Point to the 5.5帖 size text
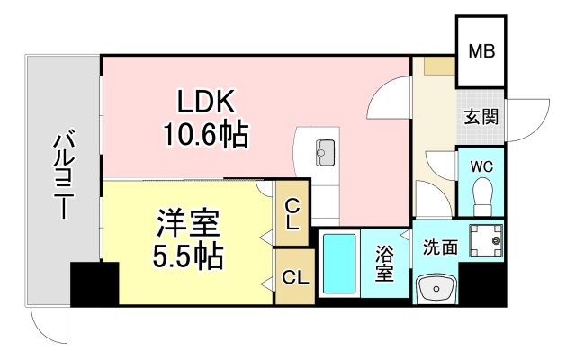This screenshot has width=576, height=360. point(187,256)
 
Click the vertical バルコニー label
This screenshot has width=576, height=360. point(62,175)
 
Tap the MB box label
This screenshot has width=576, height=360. point(480,50)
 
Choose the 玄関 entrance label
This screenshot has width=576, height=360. point(481,115)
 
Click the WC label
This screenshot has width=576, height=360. point(480,166)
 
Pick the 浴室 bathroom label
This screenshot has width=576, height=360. point(385,264)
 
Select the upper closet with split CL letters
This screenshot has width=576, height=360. point(292,212)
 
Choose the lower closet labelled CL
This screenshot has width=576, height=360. point(294,277)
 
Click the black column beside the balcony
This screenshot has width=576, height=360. point(94,283)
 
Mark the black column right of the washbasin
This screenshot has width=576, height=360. point(481,283)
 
